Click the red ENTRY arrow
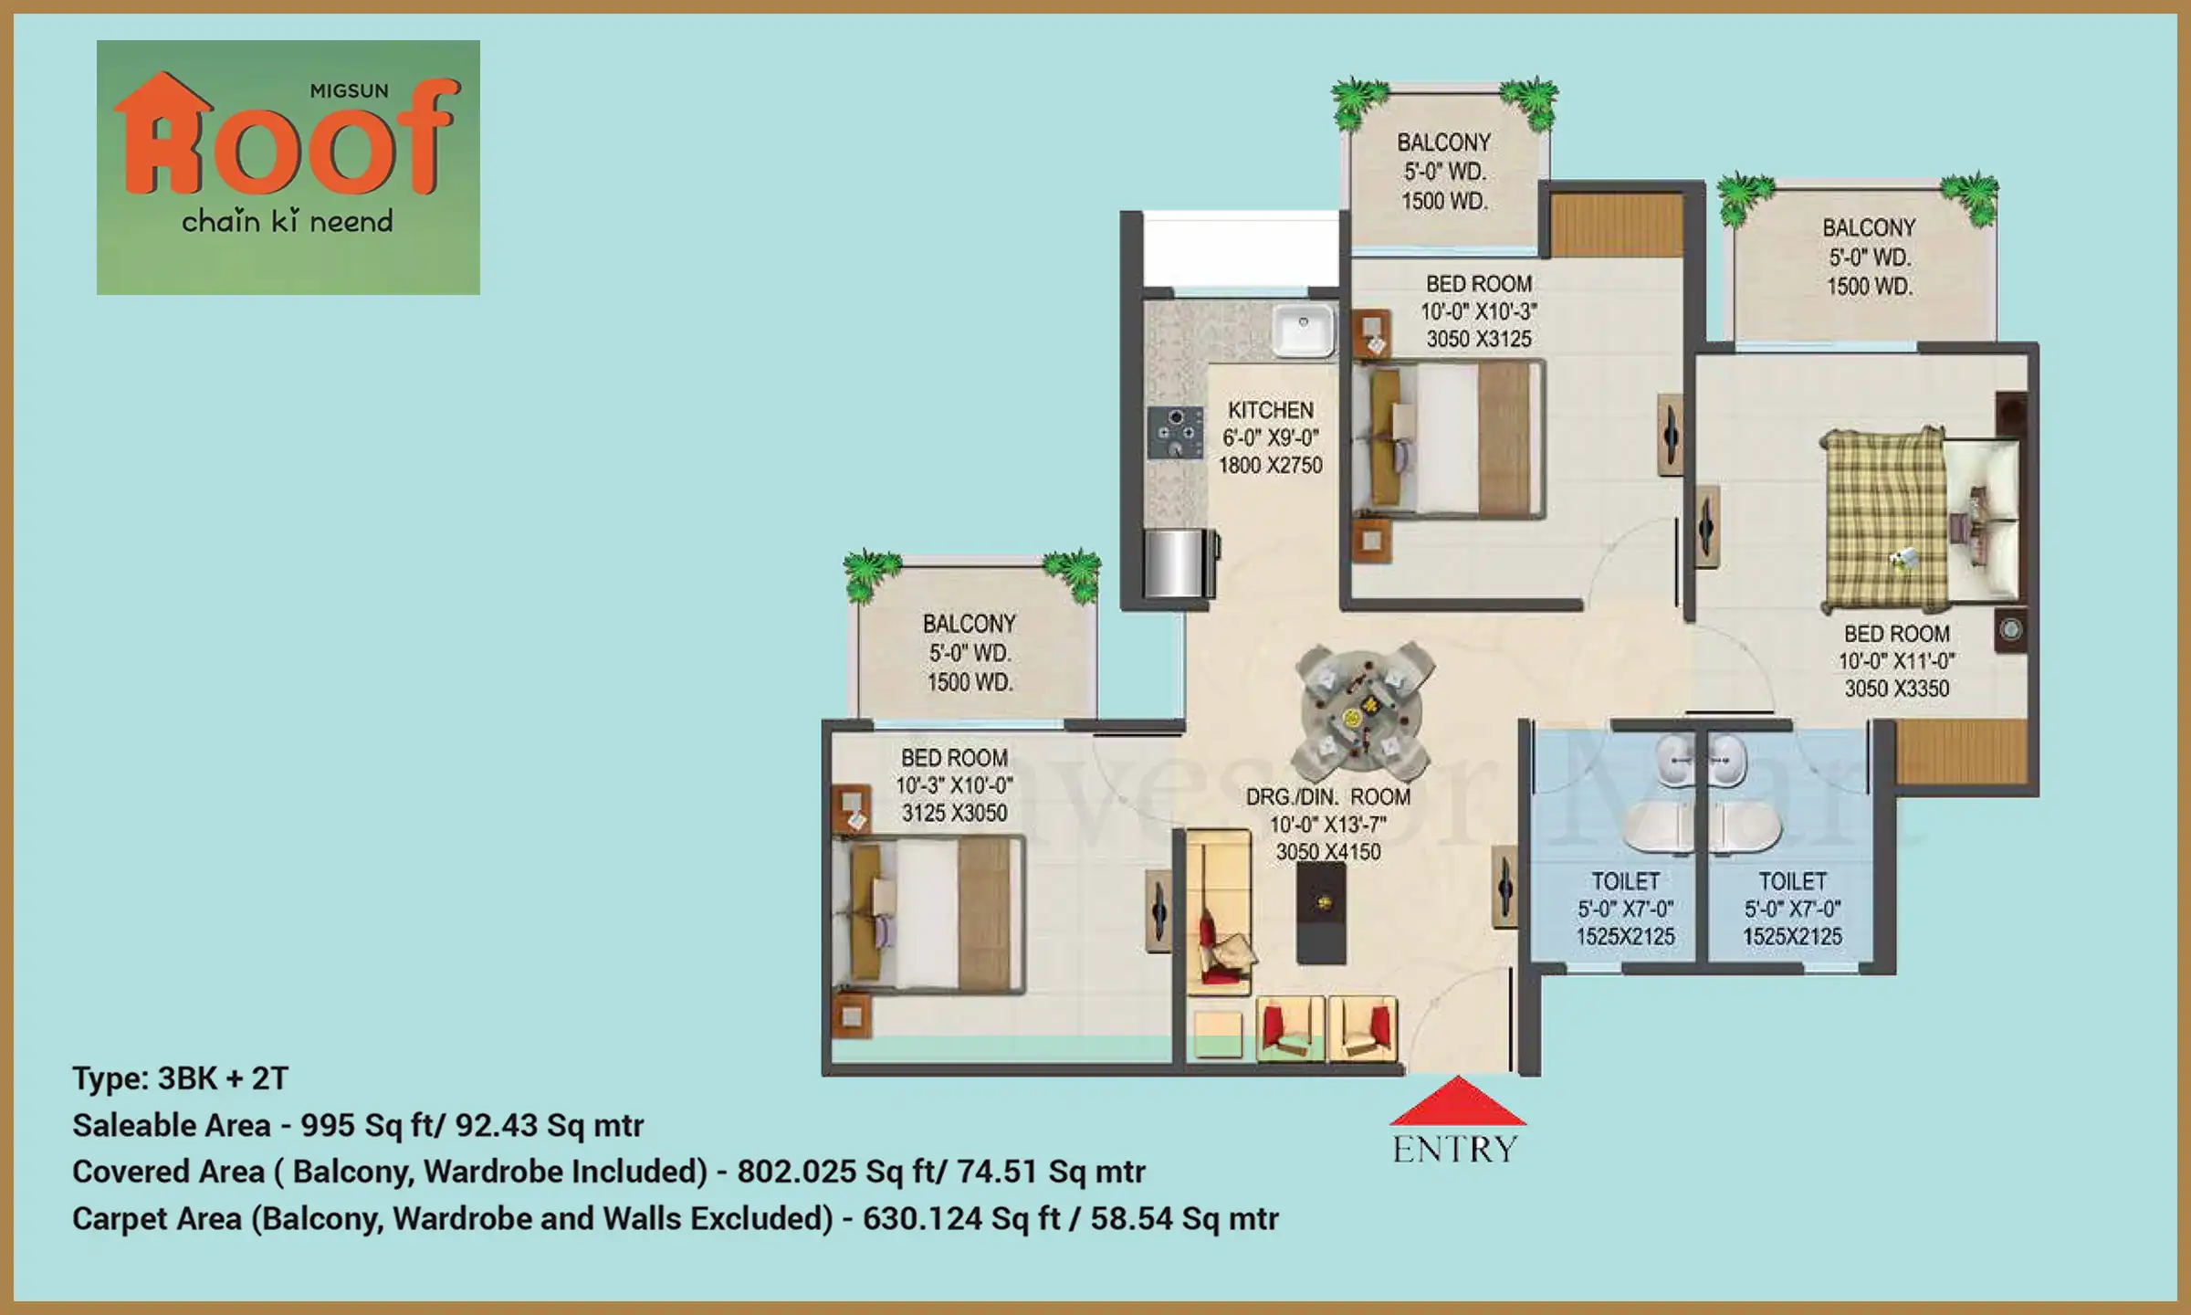tap(1457, 1101)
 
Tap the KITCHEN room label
tap(1271, 410)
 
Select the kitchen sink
tap(1304, 330)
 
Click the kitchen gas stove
tap(1176, 433)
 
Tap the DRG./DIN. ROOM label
tap(1328, 797)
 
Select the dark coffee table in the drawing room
tap(1321, 912)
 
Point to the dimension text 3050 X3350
tap(1897, 689)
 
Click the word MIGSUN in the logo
tap(350, 91)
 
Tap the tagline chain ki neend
tap(288, 221)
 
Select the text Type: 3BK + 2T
tap(180, 1078)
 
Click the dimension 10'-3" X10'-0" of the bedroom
tap(954, 785)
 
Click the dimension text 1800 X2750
tap(1270, 465)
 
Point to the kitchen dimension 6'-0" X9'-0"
tap(1271, 437)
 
